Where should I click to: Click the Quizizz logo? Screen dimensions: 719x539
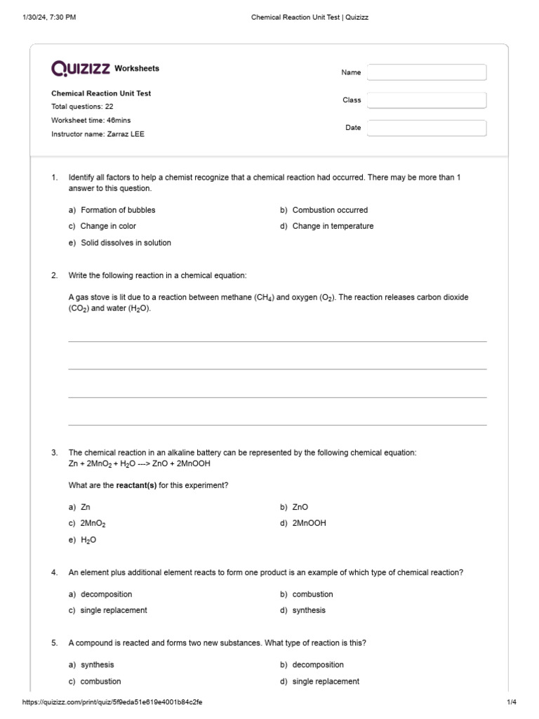pos(80,68)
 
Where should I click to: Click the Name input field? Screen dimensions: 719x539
pos(426,72)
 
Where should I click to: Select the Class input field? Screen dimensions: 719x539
pos(426,100)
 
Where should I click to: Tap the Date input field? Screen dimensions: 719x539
pos(426,128)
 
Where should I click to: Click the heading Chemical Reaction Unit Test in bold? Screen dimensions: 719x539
pos(101,93)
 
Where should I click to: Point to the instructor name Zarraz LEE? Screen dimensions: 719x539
pos(126,134)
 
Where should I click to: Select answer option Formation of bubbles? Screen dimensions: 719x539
pos(118,210)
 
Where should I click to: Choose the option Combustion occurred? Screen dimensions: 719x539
pos(330,210)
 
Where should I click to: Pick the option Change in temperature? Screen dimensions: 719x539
pos(333,226)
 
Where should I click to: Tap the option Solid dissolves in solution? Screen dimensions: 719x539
pos(126,243)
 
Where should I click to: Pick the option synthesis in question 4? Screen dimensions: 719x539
pos(309,610)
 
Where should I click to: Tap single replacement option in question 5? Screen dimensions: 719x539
pos(326,681)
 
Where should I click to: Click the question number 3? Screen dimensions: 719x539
pos(54,453)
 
